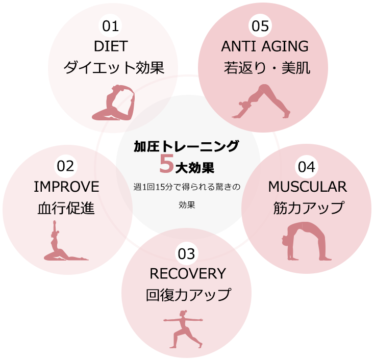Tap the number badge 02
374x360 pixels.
[x=66, y=166]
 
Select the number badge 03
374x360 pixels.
[x=187, y=253]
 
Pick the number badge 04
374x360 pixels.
[x=308, y=166]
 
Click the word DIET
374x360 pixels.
[x=111, y=46]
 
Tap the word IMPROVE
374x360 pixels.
[x=66, y=187]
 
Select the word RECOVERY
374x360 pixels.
[x=187, y=274]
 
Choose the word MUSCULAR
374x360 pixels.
[x=308, y=187]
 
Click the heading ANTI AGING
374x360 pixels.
[x=265, y=46]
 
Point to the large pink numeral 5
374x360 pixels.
[x=167, y=164]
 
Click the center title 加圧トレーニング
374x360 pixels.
[x=186, y=147]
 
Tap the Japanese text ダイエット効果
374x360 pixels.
[x=114, y=68]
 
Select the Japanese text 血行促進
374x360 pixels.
[x=66, y=208]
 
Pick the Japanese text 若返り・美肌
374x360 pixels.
[x=267, y=68]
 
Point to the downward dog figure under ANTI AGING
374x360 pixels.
[x=263, y=101]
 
